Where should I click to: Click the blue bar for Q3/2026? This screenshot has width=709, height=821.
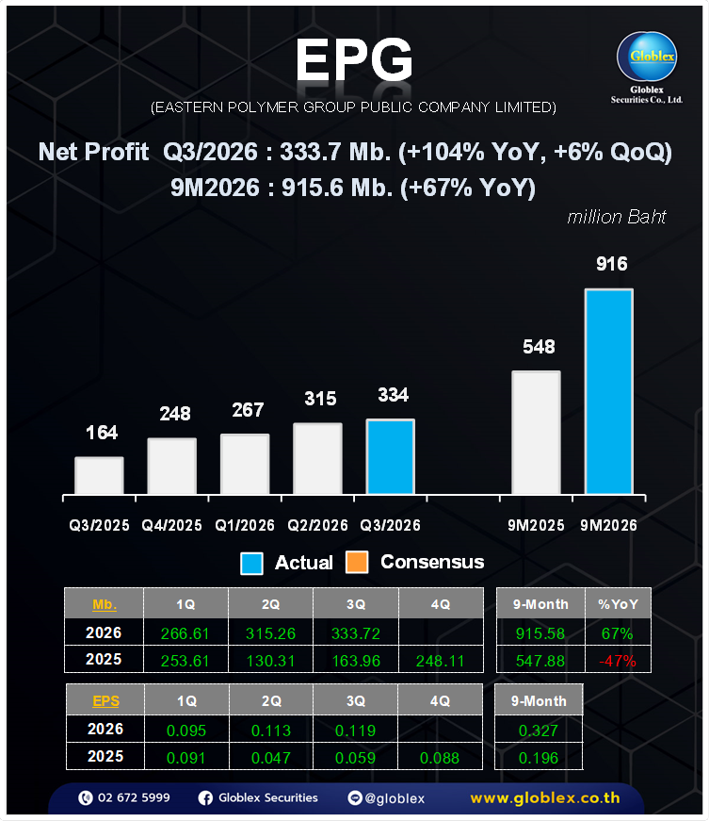click(x=390, y=457)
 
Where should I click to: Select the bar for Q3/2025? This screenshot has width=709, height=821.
click(x=99, y=476)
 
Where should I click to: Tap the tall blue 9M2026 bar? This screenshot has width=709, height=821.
click(x=608, y=391)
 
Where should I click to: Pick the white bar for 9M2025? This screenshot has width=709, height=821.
click(x=536, y=433)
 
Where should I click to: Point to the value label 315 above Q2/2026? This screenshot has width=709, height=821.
click(x=320, y=399)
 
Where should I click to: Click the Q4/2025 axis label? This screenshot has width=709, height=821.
click(x=171, y=525)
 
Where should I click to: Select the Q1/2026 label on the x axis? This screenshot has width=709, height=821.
click(x=245, y=525)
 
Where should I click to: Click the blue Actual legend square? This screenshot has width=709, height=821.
click(x=252, y=563)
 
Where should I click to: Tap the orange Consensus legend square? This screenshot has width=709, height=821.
click(x=357, y=563)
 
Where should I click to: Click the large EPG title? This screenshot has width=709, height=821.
click(x=353, y=62)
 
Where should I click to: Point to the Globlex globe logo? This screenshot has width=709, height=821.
click(x=647, y=59)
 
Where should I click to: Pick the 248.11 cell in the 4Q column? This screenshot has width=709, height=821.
click(x=440, y=661)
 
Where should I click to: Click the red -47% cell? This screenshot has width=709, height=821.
click(x=618, y=661)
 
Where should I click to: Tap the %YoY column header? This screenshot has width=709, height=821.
click(x=618, y=604)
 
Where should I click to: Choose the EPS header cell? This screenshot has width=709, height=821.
click(x=104, y=700)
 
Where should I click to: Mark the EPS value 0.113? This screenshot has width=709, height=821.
click(x=270, y=730)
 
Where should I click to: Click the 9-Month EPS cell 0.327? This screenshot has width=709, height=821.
click(x=539, y=730)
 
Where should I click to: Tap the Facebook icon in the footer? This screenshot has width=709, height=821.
click(x=205, y=798)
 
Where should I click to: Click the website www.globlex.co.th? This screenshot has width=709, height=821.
click(x=545, y=798)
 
